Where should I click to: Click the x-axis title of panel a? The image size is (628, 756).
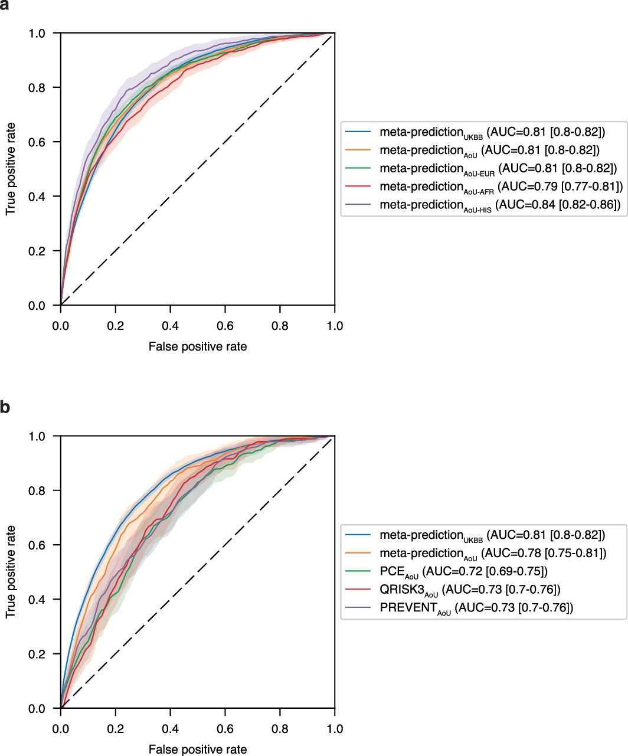coord(198,346)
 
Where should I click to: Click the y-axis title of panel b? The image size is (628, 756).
coord(11,572)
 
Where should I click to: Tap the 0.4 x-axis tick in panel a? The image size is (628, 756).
coord(170,325)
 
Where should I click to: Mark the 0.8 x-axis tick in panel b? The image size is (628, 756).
coord(280,728)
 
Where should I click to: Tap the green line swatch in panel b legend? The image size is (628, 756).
coord(359,571)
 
